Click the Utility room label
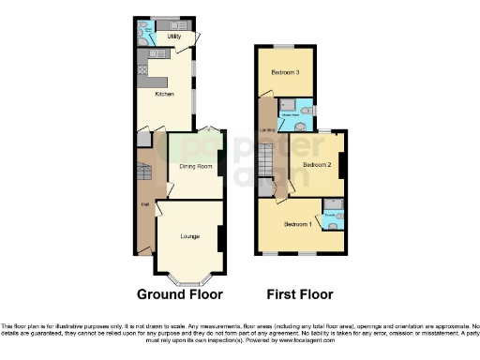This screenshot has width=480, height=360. pos(173,37)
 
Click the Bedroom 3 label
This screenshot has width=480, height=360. pos(285,72)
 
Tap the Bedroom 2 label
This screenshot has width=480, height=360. pos(317,164)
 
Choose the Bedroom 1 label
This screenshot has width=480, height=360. pos(300,225)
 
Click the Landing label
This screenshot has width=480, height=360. pos(265,128)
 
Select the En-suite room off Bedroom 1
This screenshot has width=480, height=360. pos(333,217)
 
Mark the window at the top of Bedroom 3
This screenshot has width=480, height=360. pos(284,46)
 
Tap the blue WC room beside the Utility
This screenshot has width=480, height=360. pos(146,34)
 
